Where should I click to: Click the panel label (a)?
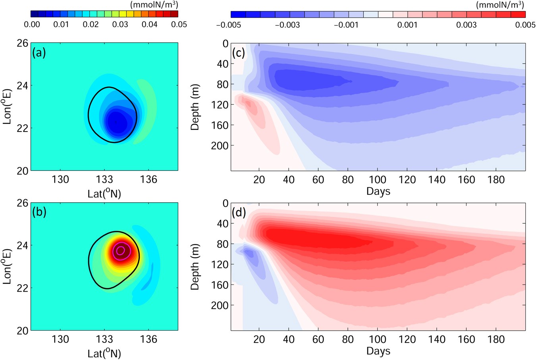[x=39, y=52]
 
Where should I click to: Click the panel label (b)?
[x=39, y=212]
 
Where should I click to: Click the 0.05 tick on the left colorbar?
[x=179, y=25]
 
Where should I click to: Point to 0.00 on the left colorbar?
[x=32, y=25]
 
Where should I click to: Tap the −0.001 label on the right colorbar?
[x=346, y=25]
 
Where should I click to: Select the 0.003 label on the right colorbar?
[x=466, y=25]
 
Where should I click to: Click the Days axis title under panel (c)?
[x=378, y=191]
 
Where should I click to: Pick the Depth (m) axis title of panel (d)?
[x=195, y=267]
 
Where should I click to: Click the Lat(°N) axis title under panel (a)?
[x=104, y=194]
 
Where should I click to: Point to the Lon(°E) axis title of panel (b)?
[x=7, y=266]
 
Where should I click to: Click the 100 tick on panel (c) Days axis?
[x=378, y=180]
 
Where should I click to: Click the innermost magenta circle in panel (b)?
[x=121, y=250]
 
